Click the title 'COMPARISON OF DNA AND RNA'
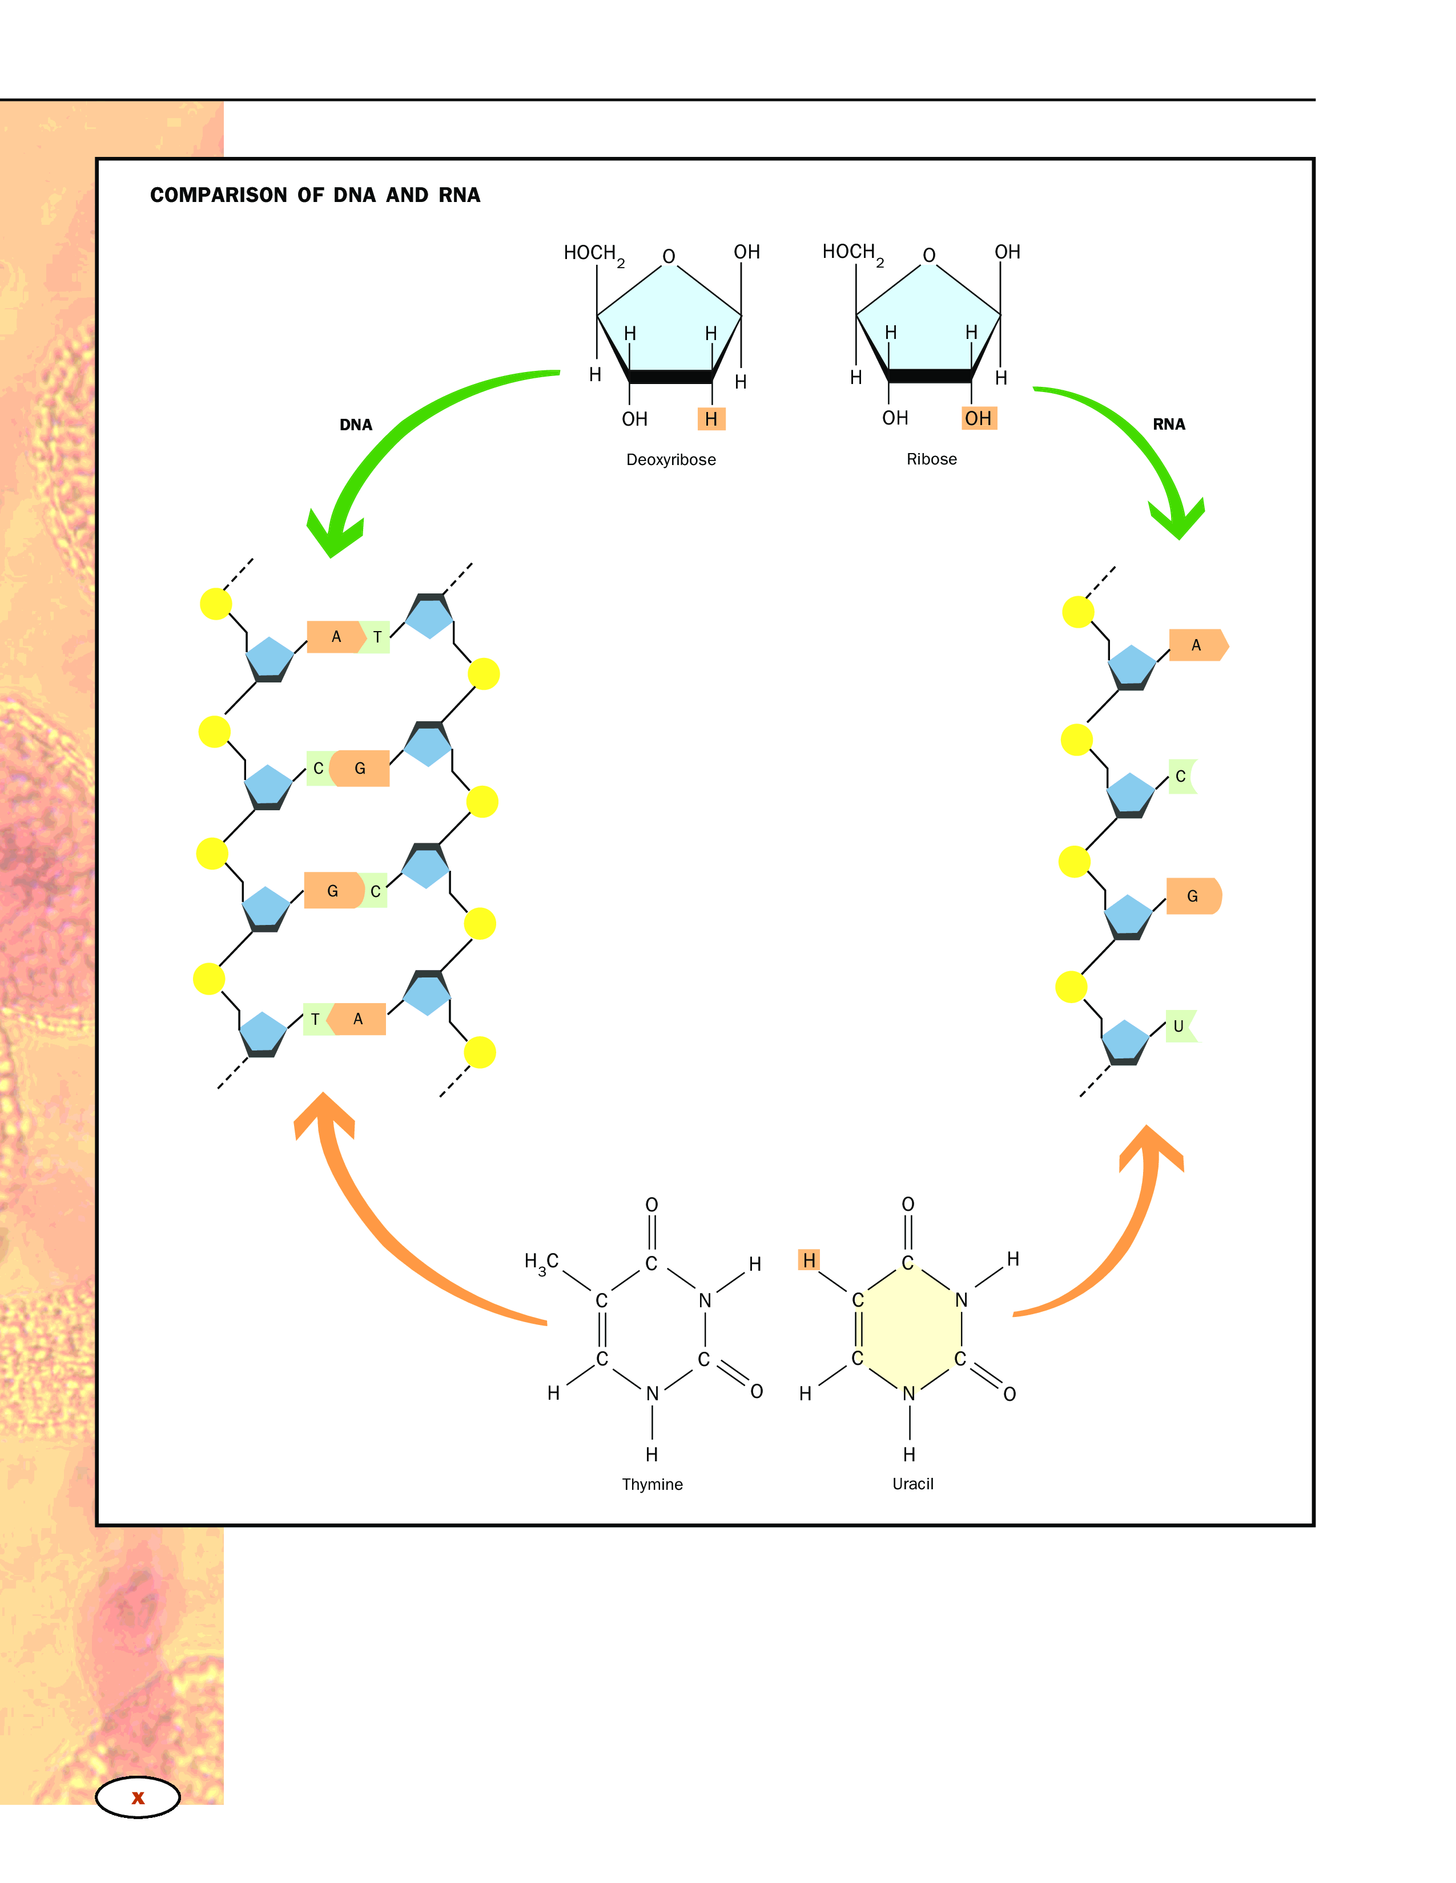pos(315,195)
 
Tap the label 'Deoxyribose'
pos(670,459)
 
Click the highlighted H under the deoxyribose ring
pos(711,419)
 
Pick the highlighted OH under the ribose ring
pos(978,418)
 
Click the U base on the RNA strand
pos(1179,1026)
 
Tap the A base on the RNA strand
pos(1196,645)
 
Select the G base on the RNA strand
pos(1192,896)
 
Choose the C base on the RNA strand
pos(1181,776)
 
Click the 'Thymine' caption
pos(652,1484)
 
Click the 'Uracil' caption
pos(912,1483)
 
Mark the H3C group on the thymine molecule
pos(542,1263)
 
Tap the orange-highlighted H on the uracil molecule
pos(808,1260)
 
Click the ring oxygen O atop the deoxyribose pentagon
pos(669,256)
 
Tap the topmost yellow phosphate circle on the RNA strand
pos(1077,612)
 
